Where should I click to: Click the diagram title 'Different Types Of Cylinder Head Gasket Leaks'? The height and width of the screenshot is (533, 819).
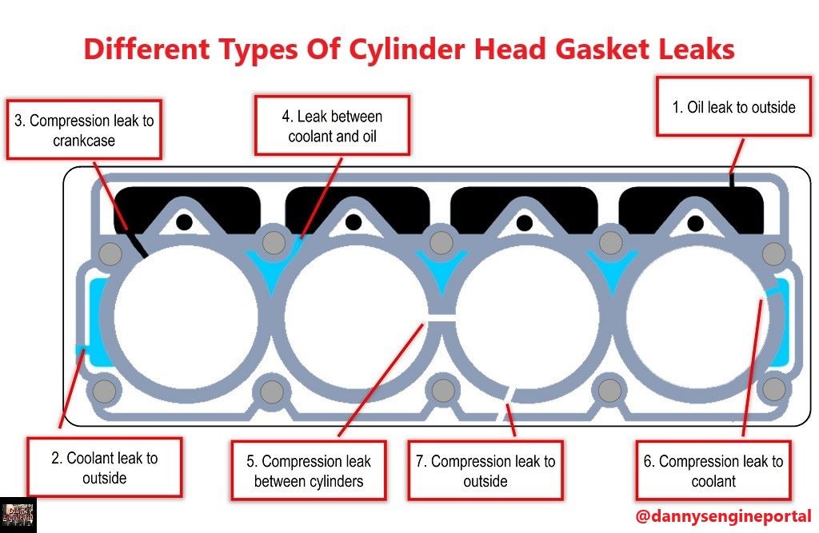pyautogui.click(x=409, y=50)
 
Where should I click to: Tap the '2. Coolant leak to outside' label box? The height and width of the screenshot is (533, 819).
pyautogui.click(x=104, y=468)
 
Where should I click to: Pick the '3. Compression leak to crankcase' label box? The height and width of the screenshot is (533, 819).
pyautogui.click(x=84, y=129)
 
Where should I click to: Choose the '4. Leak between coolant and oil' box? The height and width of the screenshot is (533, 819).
pyautogui.click(x=332, y=126)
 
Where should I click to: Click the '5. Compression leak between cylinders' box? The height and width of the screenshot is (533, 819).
pyautogui.click(x=308, y=471)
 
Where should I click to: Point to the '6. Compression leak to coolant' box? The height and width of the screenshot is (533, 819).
pyautogui.click(x=713, y=471)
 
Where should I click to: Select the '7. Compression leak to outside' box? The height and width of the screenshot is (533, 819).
pyautogui.click(x=485, y=471)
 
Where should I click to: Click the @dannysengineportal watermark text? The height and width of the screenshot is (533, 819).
pyautogui.click(x=723, y=515)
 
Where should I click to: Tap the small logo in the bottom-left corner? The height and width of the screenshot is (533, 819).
pyautogui.click(x=18, y=515)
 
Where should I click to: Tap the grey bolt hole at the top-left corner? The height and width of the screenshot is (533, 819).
pyautogui.click(x=110, y=254)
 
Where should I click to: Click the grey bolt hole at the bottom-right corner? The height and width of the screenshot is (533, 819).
pyautogui.click(x=773, y=389)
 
